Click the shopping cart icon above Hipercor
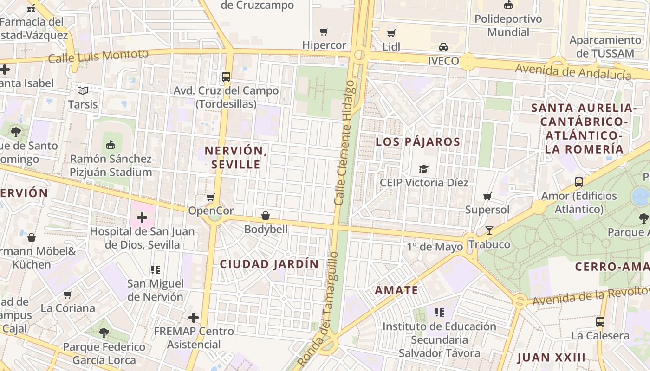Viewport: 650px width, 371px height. click(324, 32)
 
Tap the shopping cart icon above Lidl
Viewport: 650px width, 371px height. click(391, 33)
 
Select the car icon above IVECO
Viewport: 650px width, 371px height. click(443, 47)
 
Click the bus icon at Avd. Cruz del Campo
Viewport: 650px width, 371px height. click(226, 77)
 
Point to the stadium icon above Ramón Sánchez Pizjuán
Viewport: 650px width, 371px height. click(110, 145)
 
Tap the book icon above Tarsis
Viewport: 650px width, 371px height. click(83, 90)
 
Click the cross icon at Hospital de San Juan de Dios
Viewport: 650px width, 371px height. click(142, 217)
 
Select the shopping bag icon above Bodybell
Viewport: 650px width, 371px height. click(266, 216)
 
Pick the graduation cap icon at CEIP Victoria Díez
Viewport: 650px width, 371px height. click(423, 169)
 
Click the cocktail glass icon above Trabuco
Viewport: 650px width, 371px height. click(489, 230)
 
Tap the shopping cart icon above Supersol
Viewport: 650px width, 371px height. click(487, 196)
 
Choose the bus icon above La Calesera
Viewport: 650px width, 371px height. click(600, 321)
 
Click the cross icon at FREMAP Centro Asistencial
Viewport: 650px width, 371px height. click(194, 318)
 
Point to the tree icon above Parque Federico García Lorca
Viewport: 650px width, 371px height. click(104, 333)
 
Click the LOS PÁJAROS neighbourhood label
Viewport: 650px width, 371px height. click(418, 142)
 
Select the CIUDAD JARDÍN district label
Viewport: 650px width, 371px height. click(269, 264)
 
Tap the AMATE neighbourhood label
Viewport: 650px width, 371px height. click(396, 291)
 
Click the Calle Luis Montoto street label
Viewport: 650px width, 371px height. click(98, 57)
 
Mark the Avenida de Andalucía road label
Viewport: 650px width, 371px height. click(573, 72)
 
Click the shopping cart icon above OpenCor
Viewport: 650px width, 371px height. click(211, 197)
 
